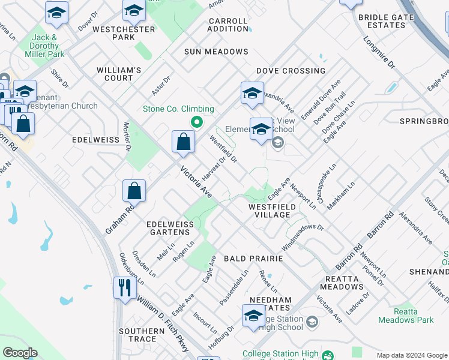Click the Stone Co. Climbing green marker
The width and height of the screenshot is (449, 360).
point(196,122)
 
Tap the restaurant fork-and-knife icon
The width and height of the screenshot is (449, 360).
point(124,287)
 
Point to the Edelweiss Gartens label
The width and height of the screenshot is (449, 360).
point(170,229)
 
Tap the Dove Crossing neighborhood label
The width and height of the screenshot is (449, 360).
point(291,71)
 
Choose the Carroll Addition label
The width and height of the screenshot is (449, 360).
point(228,25)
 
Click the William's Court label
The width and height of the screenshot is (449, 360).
point(119,74)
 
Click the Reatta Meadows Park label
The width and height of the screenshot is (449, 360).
point(406,316)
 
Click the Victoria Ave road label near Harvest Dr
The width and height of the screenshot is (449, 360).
point(196,183)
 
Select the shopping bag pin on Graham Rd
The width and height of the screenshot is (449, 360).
point(135,191)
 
